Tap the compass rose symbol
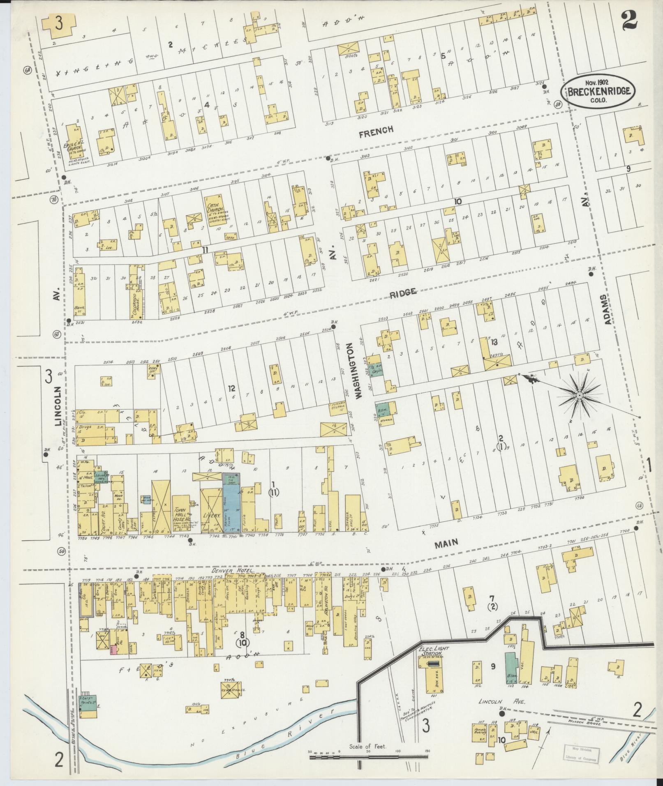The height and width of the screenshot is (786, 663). [x=579, y=395]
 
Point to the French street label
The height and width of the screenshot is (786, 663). [x=376, y=130]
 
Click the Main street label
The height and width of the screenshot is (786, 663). [x=446, y=543]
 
